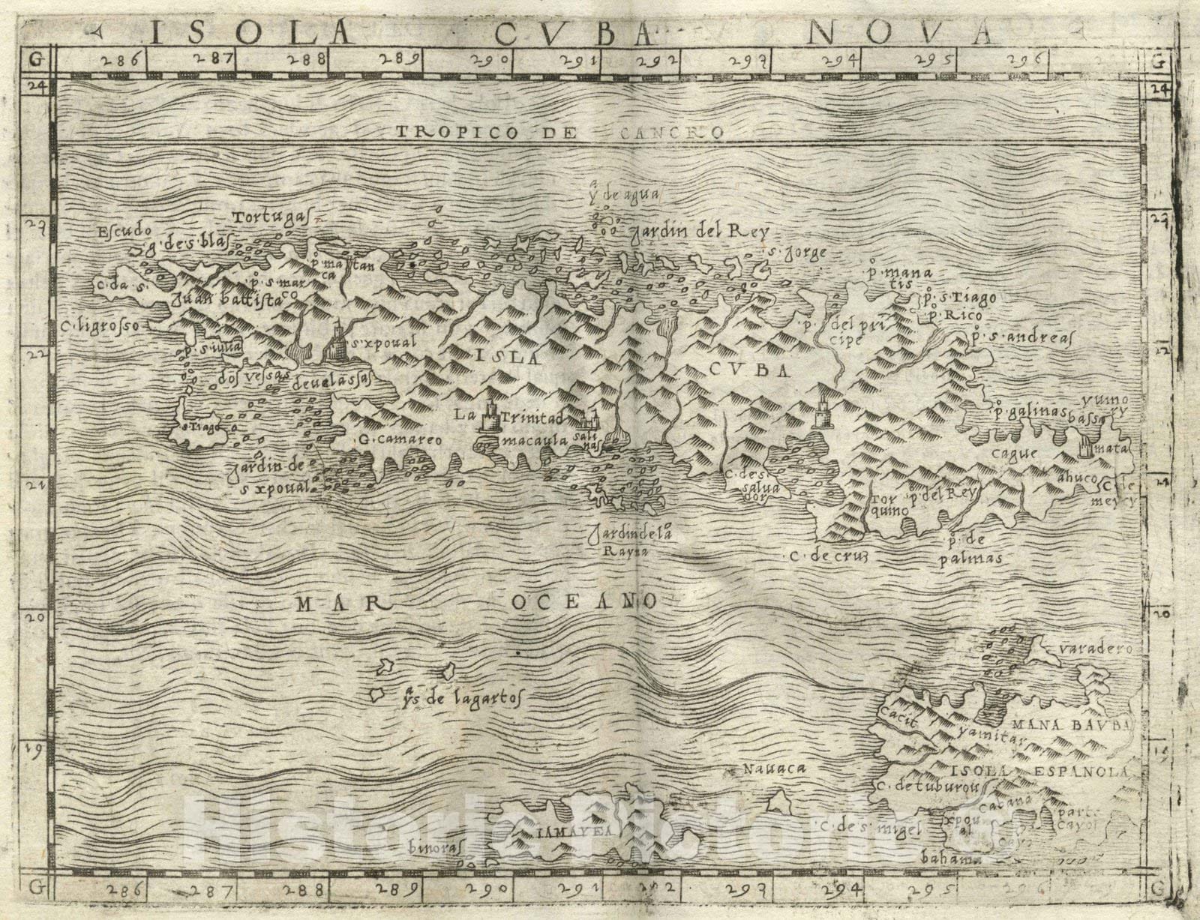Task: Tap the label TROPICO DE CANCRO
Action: coord(559,133)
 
